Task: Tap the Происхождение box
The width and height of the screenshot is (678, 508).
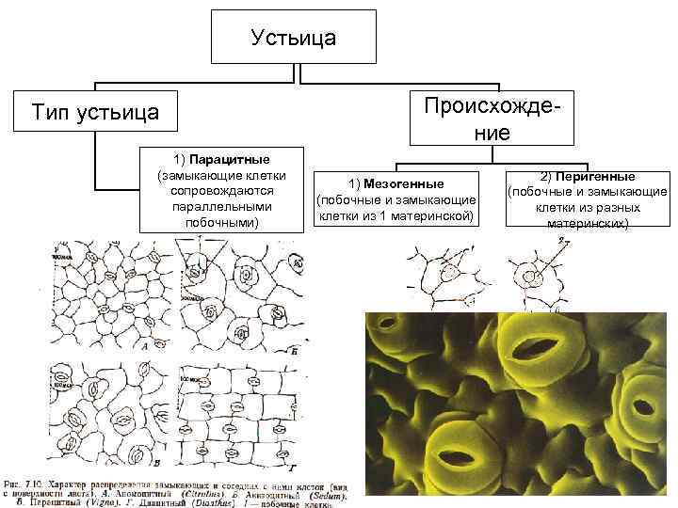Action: coord(492,117)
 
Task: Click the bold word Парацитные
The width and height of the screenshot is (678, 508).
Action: coord(230,156)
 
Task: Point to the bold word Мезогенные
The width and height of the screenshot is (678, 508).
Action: coord(411,183)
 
